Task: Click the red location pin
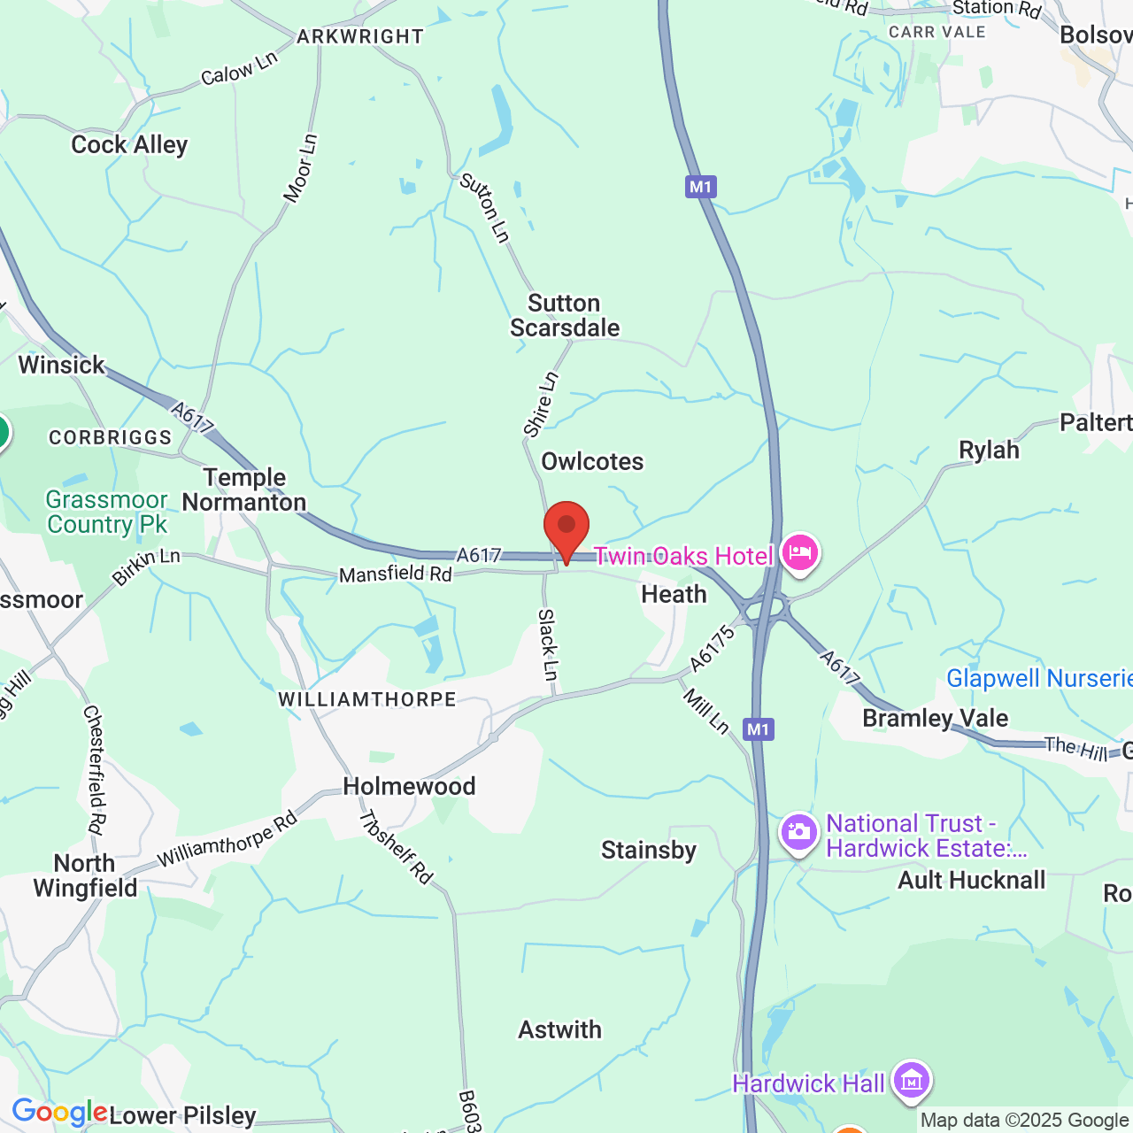(x=566, y=528)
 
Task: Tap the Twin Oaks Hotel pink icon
(x=799, y=553)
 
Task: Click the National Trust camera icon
(x=798, y=833)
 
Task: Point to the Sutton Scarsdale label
(x=565, y=316)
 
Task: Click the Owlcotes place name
(x=592, y=462)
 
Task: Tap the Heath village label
(x=674, y=595)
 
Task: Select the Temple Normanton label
(x=244, y=490)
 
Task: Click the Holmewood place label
(x=409, y=787)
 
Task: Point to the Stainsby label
(x=649, y=851)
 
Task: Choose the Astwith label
(x=559, y=1030)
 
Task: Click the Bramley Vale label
(x=935, y=718)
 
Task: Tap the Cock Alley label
(x=129, y=145)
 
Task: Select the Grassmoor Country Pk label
(x=107, y=513)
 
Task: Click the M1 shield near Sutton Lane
(x=700, y=187)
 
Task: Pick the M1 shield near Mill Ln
(x=759, y=729)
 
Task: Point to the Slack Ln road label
(x=549, y=645)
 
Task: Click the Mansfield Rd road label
(x=395, y=574)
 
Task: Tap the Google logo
(x=59, y=1112)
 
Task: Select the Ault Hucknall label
(x=971, y=881)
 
